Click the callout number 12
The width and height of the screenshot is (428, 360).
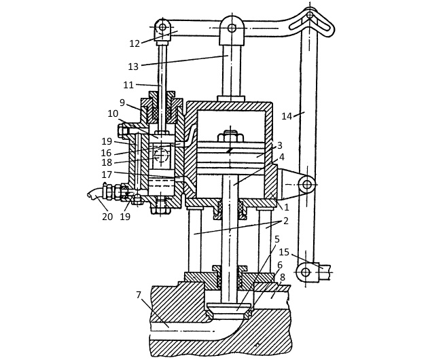coord(135,43)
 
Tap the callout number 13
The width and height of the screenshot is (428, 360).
coord(133,67)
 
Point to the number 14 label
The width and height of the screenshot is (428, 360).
coord(287,117)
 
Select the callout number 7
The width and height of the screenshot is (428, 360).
coord(139,295)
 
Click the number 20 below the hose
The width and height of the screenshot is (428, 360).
coord(107,217)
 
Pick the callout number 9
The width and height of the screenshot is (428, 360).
coord(122,103)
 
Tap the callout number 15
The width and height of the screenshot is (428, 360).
coord(284,252)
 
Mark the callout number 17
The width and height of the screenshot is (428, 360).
coord(107,175)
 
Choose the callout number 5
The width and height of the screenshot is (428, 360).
coord(277,239)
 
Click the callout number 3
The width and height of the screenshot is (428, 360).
coord(279,145)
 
